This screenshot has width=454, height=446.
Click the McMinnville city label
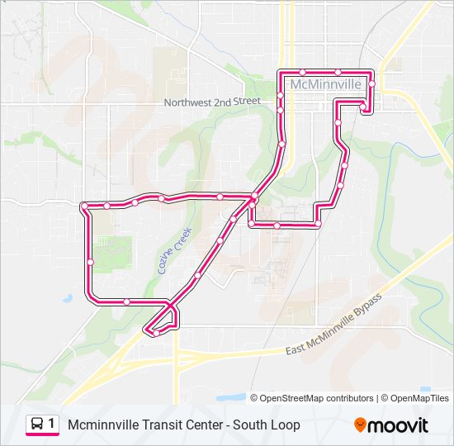[326, 84]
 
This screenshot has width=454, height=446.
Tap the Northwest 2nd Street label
[212, 102]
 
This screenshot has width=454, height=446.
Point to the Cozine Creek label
[174, 250]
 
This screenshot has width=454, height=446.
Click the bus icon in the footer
[37, 425]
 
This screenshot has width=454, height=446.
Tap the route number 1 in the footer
[53, 425]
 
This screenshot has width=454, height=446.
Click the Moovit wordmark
[400, 426]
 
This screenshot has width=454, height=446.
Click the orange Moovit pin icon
[361, 425]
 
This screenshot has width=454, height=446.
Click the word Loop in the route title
[284, 425]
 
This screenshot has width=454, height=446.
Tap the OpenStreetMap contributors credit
[318, 398]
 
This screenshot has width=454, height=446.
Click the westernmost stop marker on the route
[83, 206]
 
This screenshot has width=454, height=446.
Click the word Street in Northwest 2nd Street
[246, 101]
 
